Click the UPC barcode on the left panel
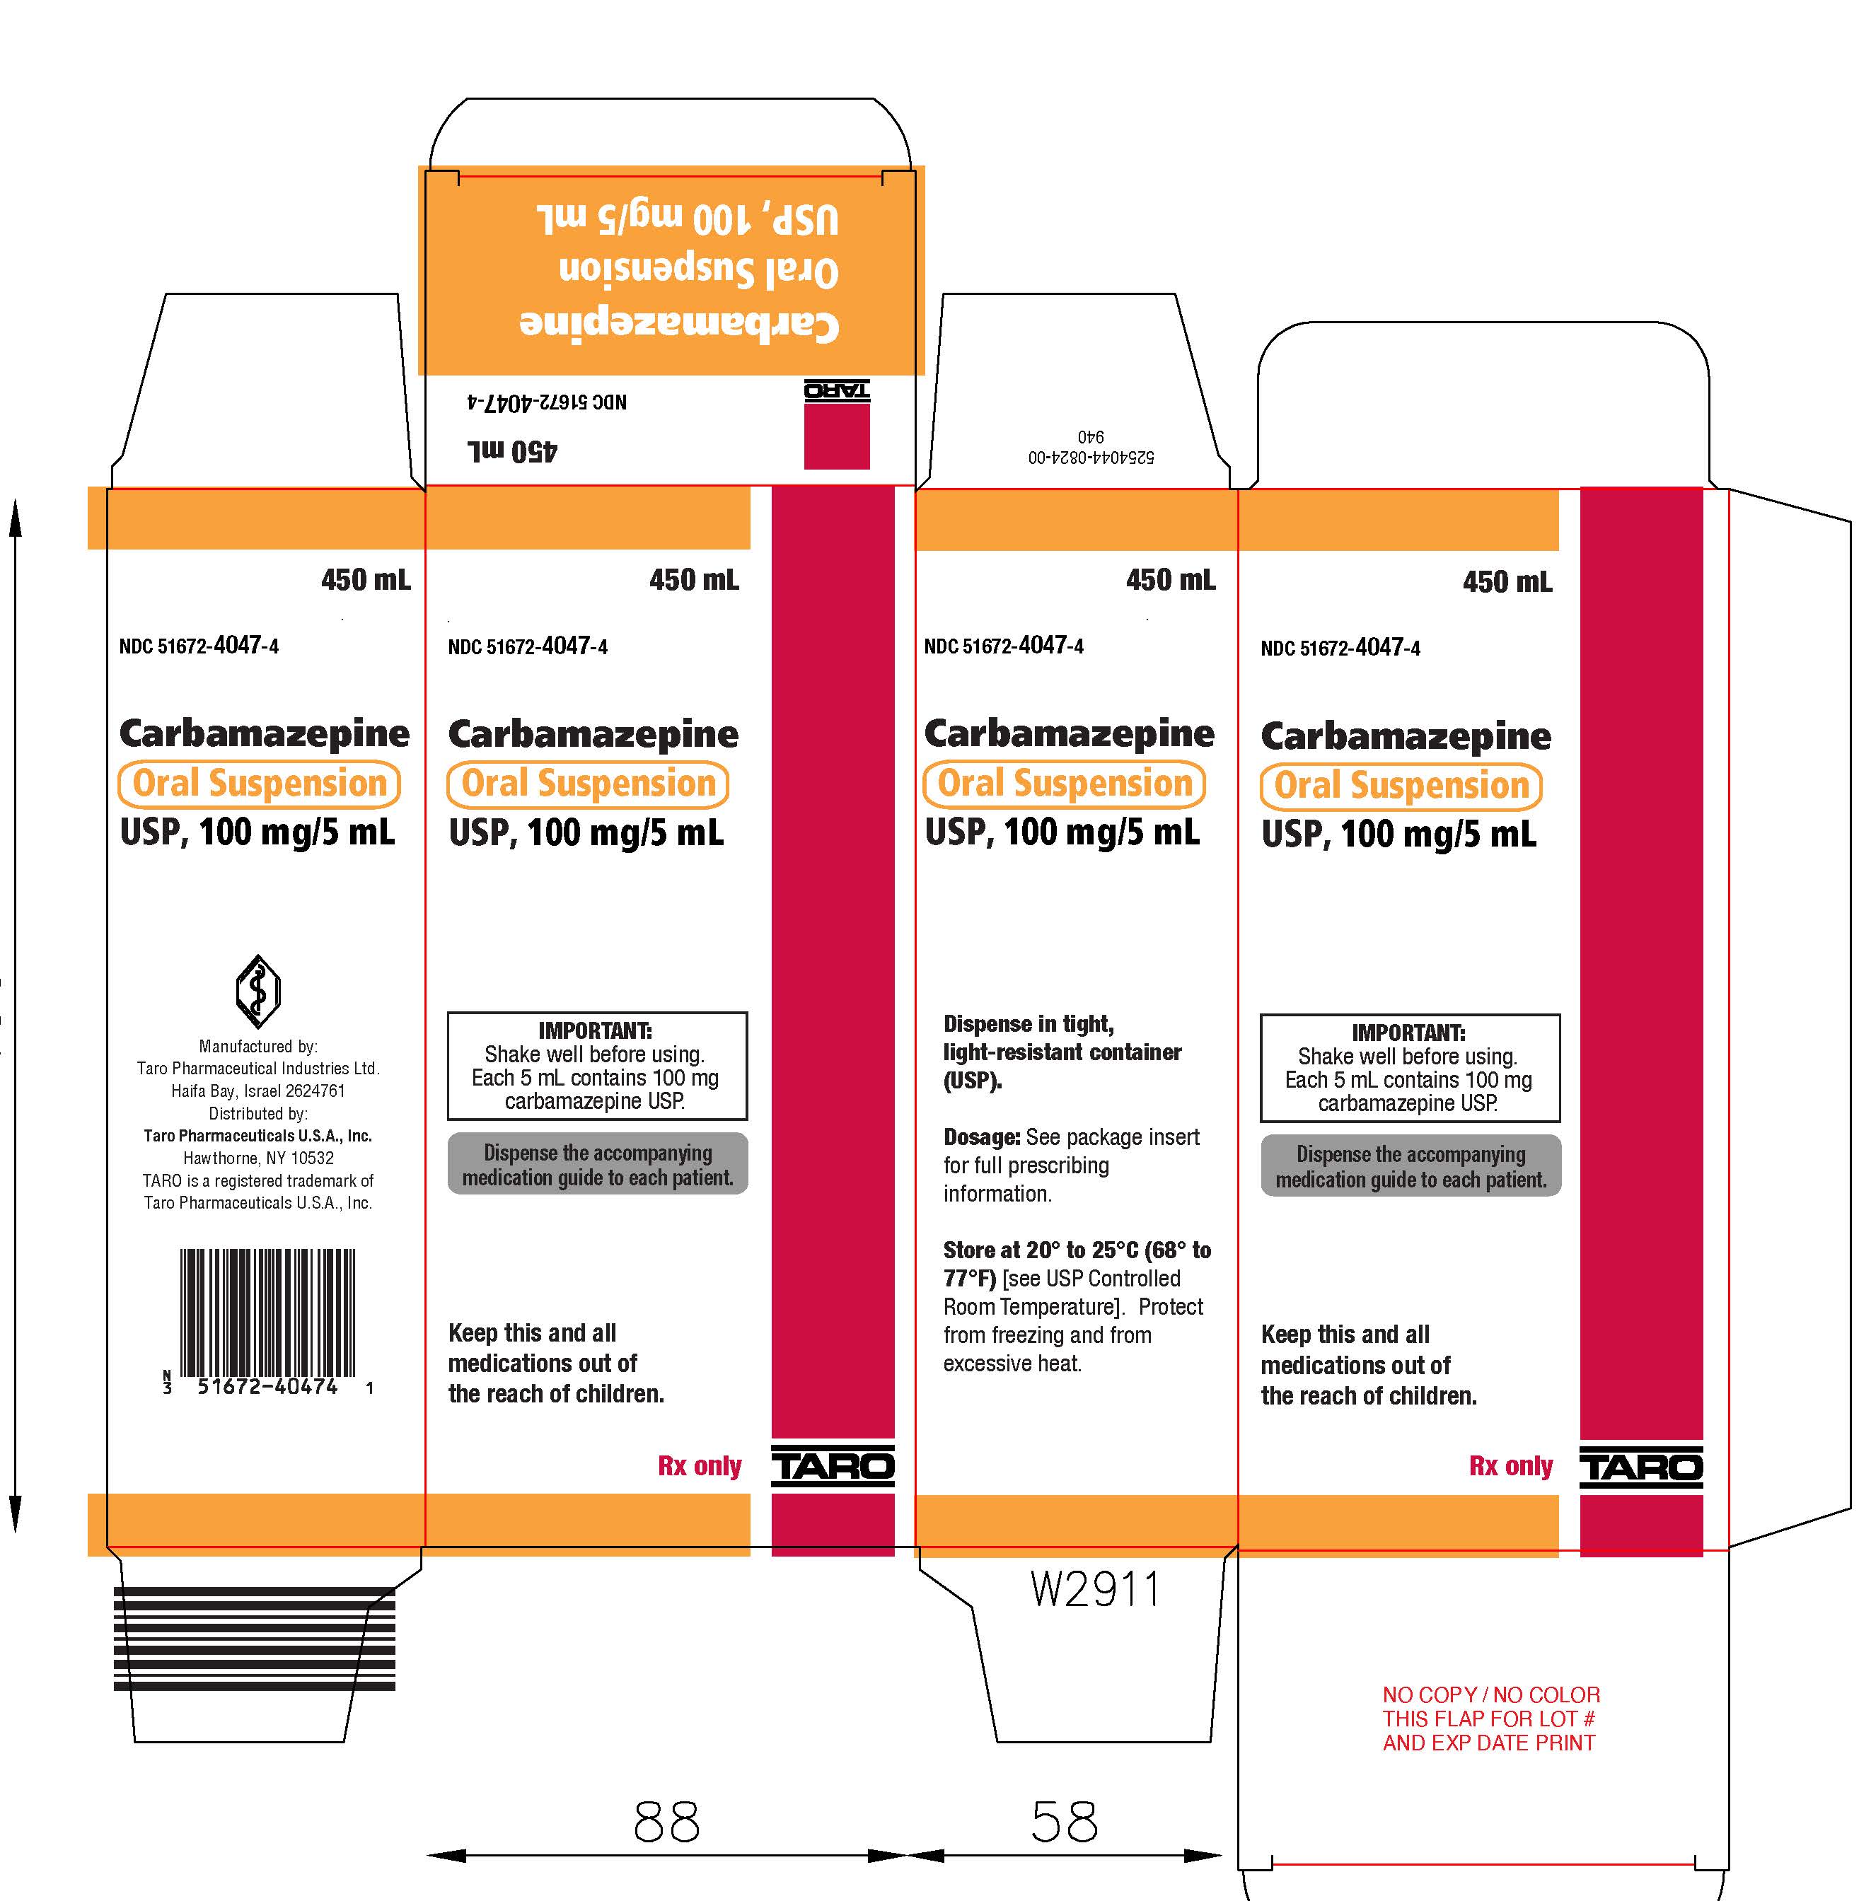point(267,1313)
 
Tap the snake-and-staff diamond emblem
point(258,992)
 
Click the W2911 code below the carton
point(1096,1588)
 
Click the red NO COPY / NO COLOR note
point(1490,1719)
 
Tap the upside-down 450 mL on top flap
point(512,451)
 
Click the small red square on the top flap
point(836,437)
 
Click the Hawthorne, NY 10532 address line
point(258,1158)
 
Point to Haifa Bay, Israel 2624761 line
point(258,1091)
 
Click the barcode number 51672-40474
point(267,1387)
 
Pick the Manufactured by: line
point(258,1046)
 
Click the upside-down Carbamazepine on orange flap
point(679,323)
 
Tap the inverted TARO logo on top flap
point(836,390)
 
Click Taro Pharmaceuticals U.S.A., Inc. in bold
point(258,1136)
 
